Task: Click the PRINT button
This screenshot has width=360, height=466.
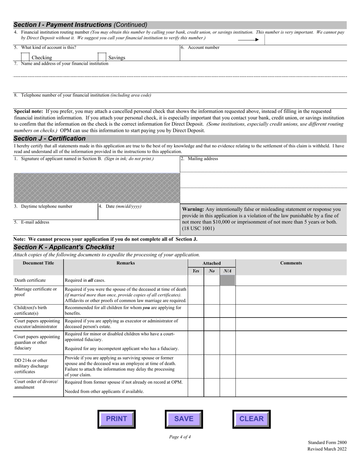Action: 116,419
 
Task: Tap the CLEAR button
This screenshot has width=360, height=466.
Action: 251,419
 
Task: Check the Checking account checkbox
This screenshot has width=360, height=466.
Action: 25,57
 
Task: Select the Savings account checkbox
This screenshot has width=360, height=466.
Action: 102,57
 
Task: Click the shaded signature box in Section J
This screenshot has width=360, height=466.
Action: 97,183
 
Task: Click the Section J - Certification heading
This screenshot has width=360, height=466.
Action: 50,139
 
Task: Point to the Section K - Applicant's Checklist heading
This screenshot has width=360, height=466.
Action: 64,247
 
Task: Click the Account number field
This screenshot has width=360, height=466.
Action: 263,55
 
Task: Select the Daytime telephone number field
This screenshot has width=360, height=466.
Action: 55,213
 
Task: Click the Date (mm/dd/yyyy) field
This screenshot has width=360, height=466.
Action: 139,213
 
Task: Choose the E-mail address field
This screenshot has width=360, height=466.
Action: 96,228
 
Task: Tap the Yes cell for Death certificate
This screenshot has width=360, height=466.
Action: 196,280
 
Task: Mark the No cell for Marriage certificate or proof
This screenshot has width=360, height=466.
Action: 212,294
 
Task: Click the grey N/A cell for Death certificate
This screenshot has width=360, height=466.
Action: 227,280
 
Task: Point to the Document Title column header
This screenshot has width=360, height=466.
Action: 38,263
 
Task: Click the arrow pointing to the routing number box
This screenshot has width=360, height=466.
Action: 248,39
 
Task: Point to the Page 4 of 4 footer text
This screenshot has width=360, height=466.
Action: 180,437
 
